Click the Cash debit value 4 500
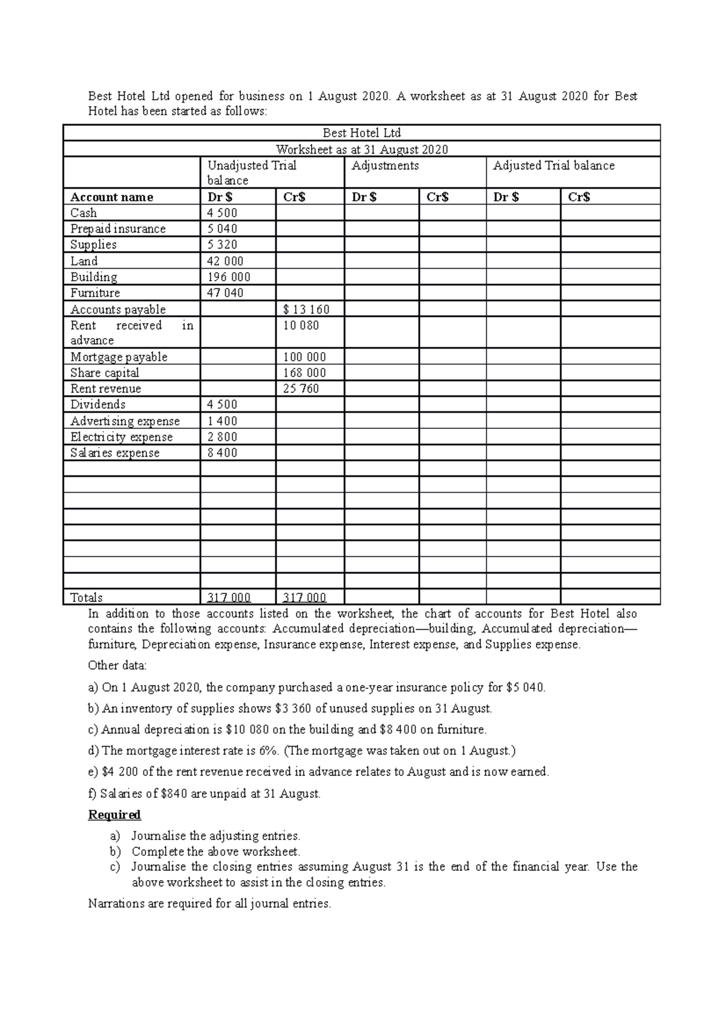coord(222,213)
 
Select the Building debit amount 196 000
coord(229,277)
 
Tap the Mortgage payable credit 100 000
coord(304,357)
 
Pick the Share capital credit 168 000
coord(304,373)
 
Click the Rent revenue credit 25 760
coord(301,388)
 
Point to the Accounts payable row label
coord(118,309)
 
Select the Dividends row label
coord(98,404)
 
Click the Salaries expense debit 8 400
coord(222,452)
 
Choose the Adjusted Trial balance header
coord(554,166)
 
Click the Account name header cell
coord(112,197)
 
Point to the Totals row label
coord(87,598)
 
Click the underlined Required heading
coord(114,815)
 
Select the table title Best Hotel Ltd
coord(362,132)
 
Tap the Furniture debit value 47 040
coord(225,293)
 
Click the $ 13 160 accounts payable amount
coord(306,310)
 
